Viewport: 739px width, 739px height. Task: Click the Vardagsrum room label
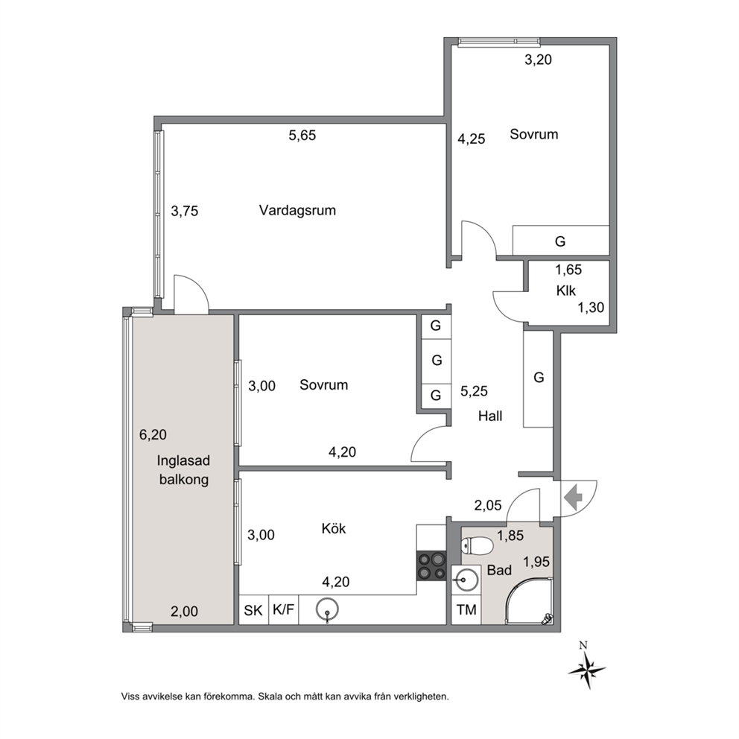(297, 210)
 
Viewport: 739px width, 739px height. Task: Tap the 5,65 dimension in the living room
(302, 136)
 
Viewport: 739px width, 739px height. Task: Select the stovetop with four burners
(431, 565)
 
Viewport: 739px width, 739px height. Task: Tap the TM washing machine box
(466, 610)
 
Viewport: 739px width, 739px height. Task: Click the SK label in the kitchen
(253, 611)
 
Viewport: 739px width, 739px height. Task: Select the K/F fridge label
(283, 610)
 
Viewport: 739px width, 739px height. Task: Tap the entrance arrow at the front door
(574, 497)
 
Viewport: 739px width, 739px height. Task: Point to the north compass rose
(586, 668)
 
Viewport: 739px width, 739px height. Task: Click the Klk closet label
(565, 291)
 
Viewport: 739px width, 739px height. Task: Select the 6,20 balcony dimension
(153, 434)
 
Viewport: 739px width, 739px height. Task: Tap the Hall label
(490, 416)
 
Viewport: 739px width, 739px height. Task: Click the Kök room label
(333, 528)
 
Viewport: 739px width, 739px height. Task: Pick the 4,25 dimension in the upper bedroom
(472, 139)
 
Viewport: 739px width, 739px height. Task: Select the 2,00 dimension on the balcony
(184, 612)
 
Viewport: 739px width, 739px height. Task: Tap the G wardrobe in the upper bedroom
(560, 241)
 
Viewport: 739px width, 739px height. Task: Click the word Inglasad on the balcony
(183, 460)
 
